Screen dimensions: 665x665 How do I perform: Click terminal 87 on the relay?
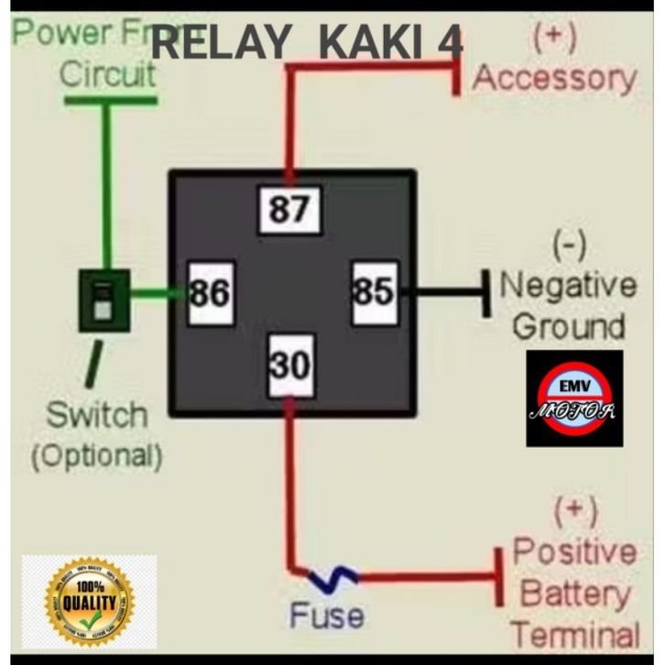tap(289, 210)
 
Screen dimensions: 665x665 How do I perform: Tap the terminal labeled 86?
tap(210, 294)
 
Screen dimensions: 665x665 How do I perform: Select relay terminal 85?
tap(374, 293)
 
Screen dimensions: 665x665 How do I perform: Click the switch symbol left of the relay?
tap(104, 300)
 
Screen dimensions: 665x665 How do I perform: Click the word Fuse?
tap(326, 616)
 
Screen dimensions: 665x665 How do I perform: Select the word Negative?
tap(568, 285)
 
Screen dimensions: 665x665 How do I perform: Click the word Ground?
tap(568, 326)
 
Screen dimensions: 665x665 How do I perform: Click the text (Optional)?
tap(96, 454)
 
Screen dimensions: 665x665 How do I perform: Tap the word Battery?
tap(574, 594)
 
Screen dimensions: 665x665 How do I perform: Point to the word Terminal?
tap(575, 634)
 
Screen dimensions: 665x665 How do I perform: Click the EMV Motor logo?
tap(573, 398)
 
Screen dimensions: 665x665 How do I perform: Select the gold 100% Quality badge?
tap(89, 600)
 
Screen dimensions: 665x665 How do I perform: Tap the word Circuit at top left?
tap(107, 74)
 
